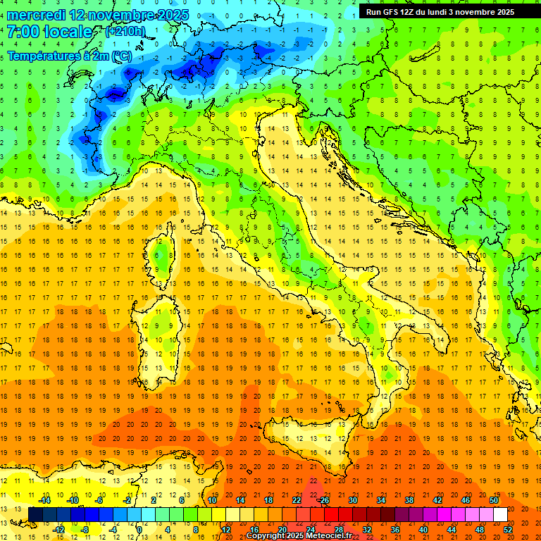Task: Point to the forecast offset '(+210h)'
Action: pos(125,32)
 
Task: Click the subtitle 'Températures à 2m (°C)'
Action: pos(69,56)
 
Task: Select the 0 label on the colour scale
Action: pos(139,530)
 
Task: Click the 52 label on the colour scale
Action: pos(508,530)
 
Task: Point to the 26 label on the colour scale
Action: pos(324,500)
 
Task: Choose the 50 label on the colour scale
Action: pos(493,500)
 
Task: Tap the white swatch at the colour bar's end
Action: pos(500,515)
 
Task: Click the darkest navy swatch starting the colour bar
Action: pos(36,515)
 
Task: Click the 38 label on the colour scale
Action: pos(409,500)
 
